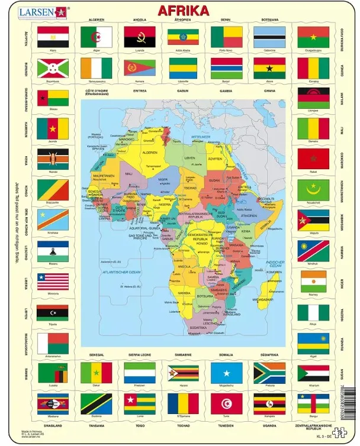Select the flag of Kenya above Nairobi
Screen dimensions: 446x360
[x=53, y=159]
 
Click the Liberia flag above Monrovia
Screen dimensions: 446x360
[x=53, y=282]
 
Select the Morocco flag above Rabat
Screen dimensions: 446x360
[x=313, y=159]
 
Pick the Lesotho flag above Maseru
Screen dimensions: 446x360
[x=53, y=251]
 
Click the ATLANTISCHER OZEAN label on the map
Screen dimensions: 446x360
[x=121, y=272]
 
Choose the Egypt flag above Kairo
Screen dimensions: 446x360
[x=53, y=37]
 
